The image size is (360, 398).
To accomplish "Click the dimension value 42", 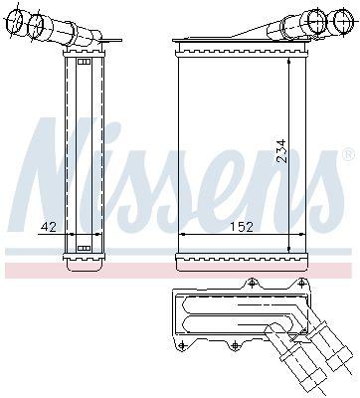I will pyautogui.click(x=47, y=227).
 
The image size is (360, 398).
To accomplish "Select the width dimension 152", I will pyautogui.click(x=240, y=227).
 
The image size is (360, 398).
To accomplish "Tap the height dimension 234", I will pyautogui.click(x=281, y=150).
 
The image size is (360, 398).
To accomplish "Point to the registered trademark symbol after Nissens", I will pyautogui.click(x=347, y=155).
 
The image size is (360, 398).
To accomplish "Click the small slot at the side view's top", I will pyautogui.click(x=84, y=63).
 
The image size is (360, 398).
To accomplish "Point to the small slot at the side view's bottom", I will pyautogui.click(x=84, y=247).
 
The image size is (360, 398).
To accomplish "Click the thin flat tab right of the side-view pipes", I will pyautogui.click(x=113, y=43).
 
